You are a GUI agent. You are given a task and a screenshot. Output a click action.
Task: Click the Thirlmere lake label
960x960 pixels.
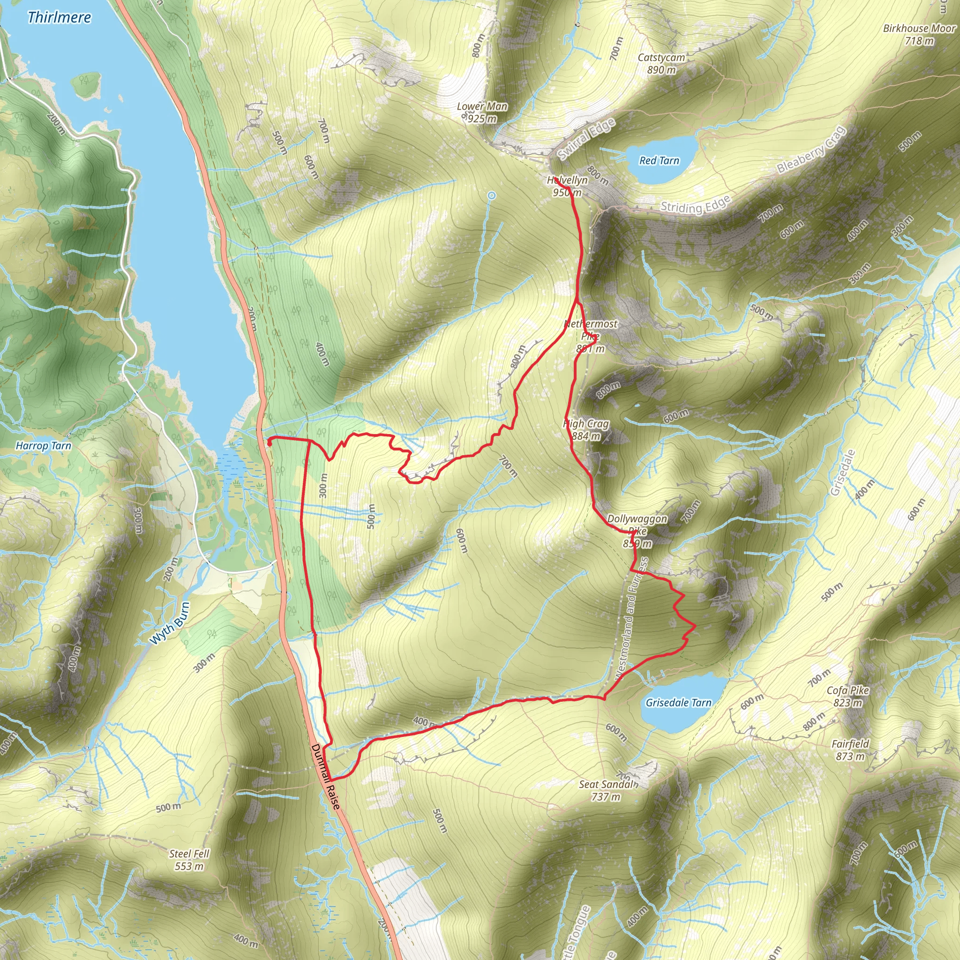[x=59, y=17]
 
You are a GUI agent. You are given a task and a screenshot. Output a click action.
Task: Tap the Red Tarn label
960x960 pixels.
[x=659, y=160]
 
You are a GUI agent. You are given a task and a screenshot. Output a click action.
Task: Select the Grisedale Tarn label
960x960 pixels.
[x=678, y=703]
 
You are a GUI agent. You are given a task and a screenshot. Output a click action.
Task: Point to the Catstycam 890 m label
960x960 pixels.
[x=661, y=64]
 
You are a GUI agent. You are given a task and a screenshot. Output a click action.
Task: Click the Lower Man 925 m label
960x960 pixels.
[x=482, y=112]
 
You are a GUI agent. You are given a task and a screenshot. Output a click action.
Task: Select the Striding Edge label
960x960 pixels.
[x=695, y=205]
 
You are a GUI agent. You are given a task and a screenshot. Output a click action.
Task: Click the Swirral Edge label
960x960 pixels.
[x=586, y=140]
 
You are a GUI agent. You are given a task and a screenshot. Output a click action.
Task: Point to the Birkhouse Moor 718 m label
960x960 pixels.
[x=919, y=34]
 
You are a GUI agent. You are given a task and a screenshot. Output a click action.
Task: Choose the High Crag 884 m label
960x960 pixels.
[x=586, y=430]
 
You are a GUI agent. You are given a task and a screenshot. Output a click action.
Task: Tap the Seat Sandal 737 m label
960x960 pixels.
[x=607, y=790]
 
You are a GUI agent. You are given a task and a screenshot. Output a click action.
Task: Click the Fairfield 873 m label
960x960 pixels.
[x=850, y=750]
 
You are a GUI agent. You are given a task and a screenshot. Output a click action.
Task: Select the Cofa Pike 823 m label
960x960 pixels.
[x=847, y=696]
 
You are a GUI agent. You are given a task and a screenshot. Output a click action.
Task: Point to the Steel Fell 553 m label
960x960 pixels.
[x=189, y=860]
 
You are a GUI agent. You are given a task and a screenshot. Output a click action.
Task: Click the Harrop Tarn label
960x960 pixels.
[x=43, y=446]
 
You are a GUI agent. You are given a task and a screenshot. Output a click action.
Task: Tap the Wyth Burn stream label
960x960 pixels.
[x=169, y=623]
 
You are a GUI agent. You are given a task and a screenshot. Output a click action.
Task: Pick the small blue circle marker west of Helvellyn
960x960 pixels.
[x=491, y=196]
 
